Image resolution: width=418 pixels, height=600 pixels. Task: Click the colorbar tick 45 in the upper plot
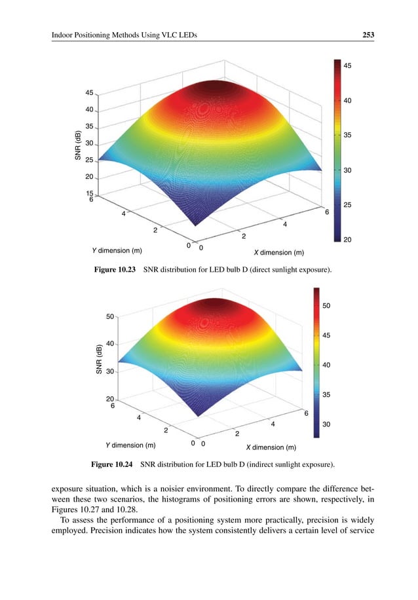point(349,66)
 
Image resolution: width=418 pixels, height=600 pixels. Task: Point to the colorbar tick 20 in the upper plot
point(349,240)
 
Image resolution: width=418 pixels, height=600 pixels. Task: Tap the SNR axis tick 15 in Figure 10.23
point(90,194)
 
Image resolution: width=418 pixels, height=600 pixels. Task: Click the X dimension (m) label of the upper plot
point(278,252)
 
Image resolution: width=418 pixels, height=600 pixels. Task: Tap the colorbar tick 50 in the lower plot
point(327,306)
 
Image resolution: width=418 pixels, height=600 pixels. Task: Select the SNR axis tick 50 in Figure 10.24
point(111,316)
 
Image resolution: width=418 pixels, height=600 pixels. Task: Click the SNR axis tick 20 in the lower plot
point(111,399)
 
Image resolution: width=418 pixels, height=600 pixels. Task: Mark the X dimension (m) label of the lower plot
point(271,448)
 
